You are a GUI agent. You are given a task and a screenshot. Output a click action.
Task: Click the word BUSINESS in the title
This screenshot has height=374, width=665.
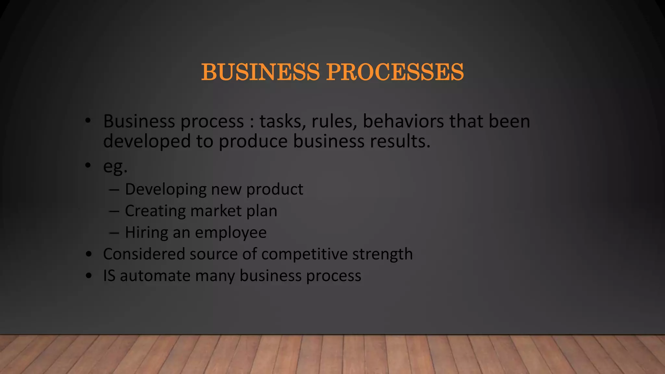pos(260,72)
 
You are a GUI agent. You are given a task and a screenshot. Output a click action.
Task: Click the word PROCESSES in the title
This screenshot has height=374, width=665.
pos(395,72)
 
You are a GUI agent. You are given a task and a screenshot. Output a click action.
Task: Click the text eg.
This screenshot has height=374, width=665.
pos(115,167)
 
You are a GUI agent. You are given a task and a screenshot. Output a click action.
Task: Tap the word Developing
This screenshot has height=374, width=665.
pos(166,190)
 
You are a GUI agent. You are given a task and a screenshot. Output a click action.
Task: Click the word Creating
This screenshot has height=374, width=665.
pos(155,211)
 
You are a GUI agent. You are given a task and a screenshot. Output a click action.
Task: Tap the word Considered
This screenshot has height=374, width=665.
pos(144,254)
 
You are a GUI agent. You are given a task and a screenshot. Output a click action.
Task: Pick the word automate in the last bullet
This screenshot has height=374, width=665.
pos(155,276)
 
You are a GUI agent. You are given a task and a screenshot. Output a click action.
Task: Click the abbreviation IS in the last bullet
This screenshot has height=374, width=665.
pos(109,276)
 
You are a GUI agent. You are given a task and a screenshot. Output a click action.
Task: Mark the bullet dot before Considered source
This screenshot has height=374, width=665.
pos(89,254)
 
